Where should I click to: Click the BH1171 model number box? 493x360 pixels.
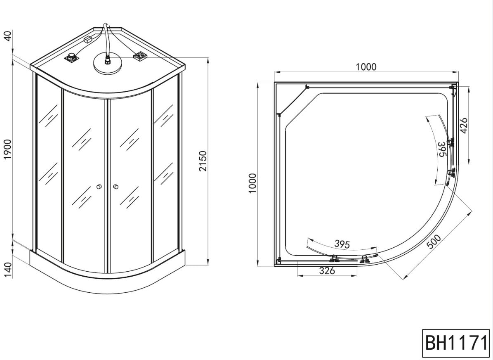pyautogui.click(x=455, y=343)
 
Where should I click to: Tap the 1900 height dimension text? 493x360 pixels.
pyautogui.click(x=7, y=149)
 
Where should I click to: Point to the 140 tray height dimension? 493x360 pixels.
pyautogui.click(x=7, y=270)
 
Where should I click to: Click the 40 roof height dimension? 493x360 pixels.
pyautogui.click(x=7, y=35)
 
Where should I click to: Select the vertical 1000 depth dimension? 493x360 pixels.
pyautogui.click(x=253, y=183)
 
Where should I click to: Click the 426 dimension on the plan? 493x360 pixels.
pyautogui.click(x=464, y=126)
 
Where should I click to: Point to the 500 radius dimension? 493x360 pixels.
pyautogui.click(x=434, y=242)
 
